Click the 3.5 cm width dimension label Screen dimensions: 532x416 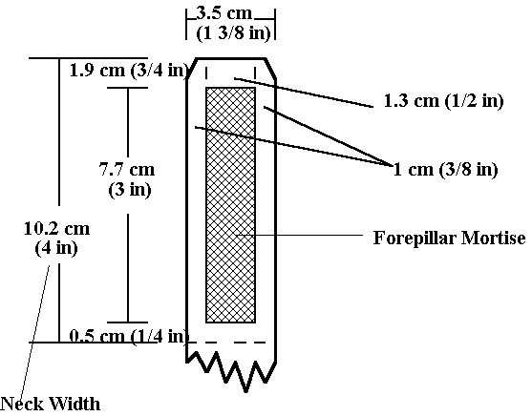click(224, 13)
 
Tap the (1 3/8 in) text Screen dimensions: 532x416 click(233, 33)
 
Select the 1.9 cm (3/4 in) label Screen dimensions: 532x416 click(129, 71)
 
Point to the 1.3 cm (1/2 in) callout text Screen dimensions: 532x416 click(444, 101)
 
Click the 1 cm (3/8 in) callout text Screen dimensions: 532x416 click(445, 169)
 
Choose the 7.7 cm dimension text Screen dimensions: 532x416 click(127, 169)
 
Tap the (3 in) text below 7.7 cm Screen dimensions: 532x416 click(130, 189)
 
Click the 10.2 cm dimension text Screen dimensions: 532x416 click(57, 228)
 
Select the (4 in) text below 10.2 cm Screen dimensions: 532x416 click(56, 248)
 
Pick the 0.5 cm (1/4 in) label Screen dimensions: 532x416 click(129, 336)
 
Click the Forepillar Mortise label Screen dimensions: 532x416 click(450, 238)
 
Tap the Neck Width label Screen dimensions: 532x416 click(51, 404)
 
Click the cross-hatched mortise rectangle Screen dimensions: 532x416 click(231, 205)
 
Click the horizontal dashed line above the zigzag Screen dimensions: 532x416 click(226, 343)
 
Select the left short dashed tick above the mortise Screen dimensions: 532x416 click(206, 73)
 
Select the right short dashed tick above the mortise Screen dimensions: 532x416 click(255, 73)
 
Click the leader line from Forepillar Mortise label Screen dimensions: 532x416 click(300, 235)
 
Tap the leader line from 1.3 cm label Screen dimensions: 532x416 click(304, 93)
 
